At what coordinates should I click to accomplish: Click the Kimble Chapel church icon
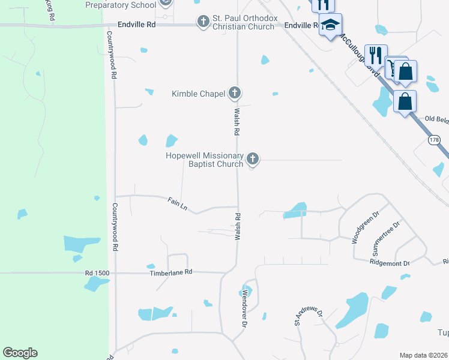coord(235,93)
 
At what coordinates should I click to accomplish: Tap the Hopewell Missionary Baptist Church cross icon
coord(253,159)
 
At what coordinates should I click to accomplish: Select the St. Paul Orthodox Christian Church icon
coord(203,22)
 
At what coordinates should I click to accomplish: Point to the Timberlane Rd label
coord(170,272)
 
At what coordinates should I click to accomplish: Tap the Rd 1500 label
coord(97,273)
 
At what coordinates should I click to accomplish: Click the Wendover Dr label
coord(244,308)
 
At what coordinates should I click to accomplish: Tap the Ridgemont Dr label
coord(390,263)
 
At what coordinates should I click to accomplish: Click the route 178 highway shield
coord(434,140)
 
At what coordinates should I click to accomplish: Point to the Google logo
coord(20,353)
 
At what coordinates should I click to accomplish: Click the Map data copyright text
coord(423,355)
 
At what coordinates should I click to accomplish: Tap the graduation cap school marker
coord(330,26)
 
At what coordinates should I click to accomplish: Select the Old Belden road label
coord(436,119)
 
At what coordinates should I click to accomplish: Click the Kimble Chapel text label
coord(198,94)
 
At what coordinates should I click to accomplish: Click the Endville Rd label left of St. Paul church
coord(138,25)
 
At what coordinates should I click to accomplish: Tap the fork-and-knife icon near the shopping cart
coord(376,56)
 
